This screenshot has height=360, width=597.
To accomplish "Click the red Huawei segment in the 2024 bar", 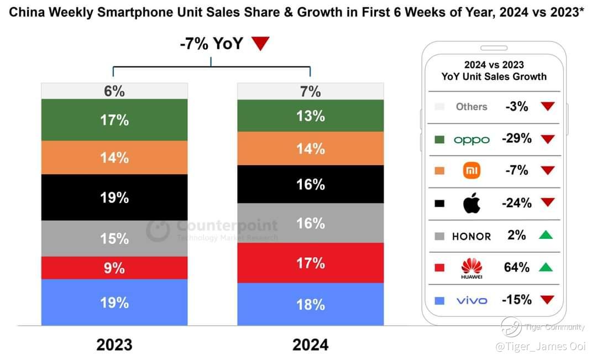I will click(310, 263).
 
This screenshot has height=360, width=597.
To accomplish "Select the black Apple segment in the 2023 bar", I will click(114, 197).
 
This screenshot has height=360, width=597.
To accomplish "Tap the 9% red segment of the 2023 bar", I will click(114, 268).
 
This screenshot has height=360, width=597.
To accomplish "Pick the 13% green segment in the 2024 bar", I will click(310, 116).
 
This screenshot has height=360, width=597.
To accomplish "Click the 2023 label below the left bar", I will click(114, 345).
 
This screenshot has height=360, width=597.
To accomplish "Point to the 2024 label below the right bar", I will click(310, 345).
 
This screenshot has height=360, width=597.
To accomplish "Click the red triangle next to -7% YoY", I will click(260, 44).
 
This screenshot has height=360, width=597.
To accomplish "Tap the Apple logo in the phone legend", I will click(472, 204).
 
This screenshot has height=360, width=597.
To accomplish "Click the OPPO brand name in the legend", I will click(472, 140).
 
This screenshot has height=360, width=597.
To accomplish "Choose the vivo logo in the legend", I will click(472, 301).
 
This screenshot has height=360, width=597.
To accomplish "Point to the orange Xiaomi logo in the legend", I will click(472, 171).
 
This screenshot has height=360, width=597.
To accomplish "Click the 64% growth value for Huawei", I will click(516, 268).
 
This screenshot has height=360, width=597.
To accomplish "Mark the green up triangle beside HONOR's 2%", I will click(547, 236).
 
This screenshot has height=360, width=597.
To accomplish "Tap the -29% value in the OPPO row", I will click(516, 139).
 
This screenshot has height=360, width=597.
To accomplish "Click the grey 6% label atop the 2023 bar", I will click(114, 91).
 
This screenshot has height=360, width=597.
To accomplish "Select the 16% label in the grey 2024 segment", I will click(310, 223).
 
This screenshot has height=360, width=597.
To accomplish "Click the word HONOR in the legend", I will click(472, 236).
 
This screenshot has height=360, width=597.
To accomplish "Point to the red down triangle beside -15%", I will click(547, 300).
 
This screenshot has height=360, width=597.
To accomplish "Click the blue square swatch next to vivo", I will click(440, 301).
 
